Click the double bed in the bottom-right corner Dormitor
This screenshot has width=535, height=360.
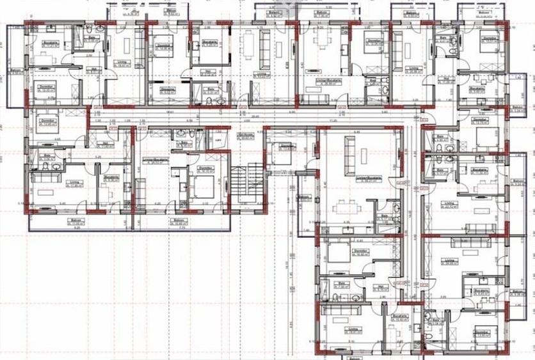pos(484,336)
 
